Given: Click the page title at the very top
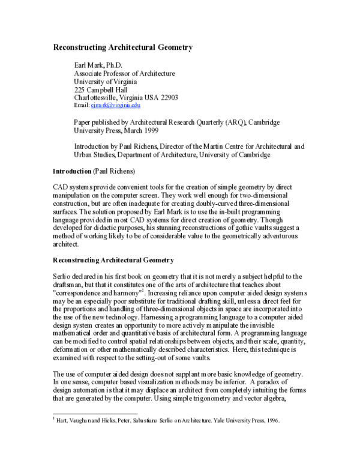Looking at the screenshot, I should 124,46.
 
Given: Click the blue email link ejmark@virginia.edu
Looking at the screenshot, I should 124,105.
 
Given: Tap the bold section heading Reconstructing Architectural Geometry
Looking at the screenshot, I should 113,261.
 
